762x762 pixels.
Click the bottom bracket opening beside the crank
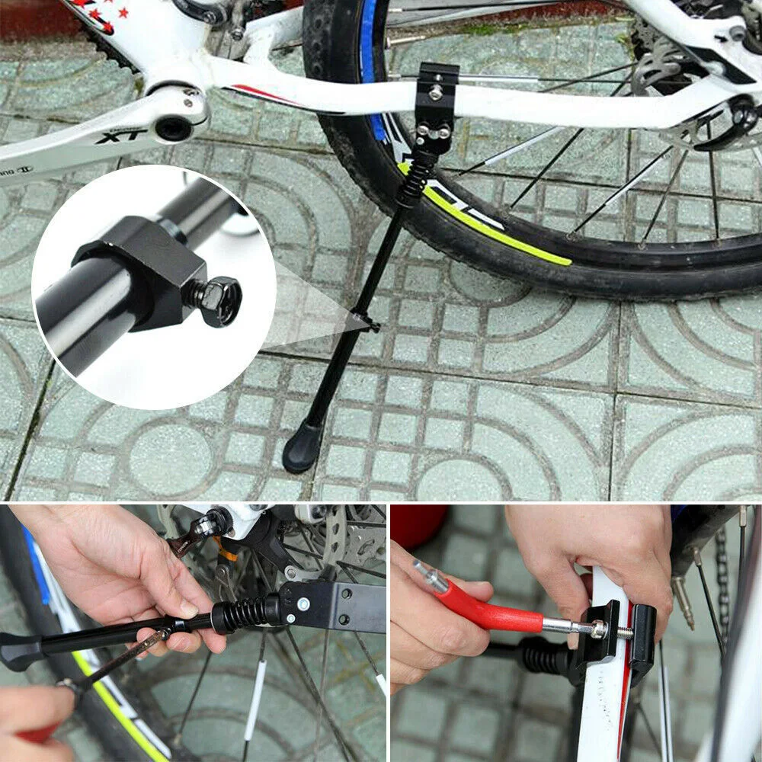click(175, 127)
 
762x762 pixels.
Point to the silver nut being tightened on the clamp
click(598, 629)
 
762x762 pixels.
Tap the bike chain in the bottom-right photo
click(722, 579)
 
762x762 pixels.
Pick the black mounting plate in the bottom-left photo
click(335, 606)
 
